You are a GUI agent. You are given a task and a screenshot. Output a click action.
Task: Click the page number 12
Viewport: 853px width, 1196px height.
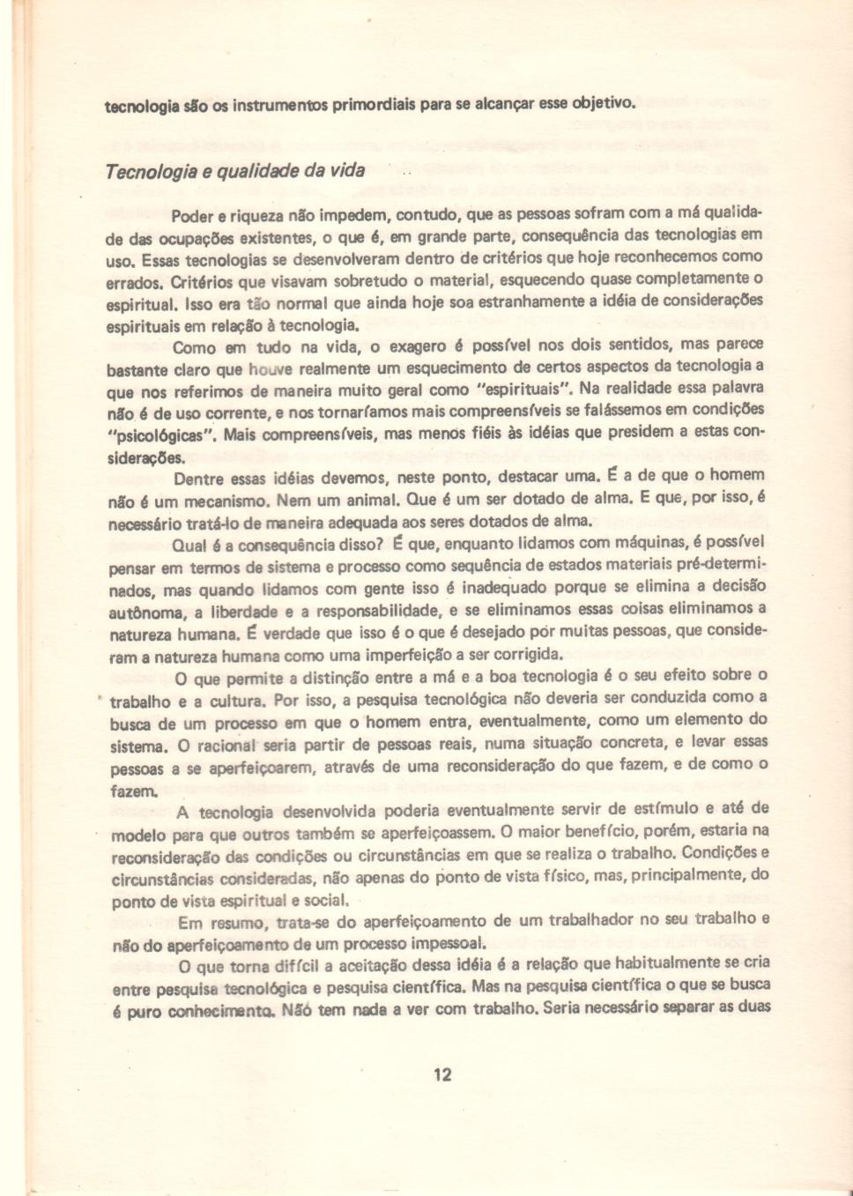442,1073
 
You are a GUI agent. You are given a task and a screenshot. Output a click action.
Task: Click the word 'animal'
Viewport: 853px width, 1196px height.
352,501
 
